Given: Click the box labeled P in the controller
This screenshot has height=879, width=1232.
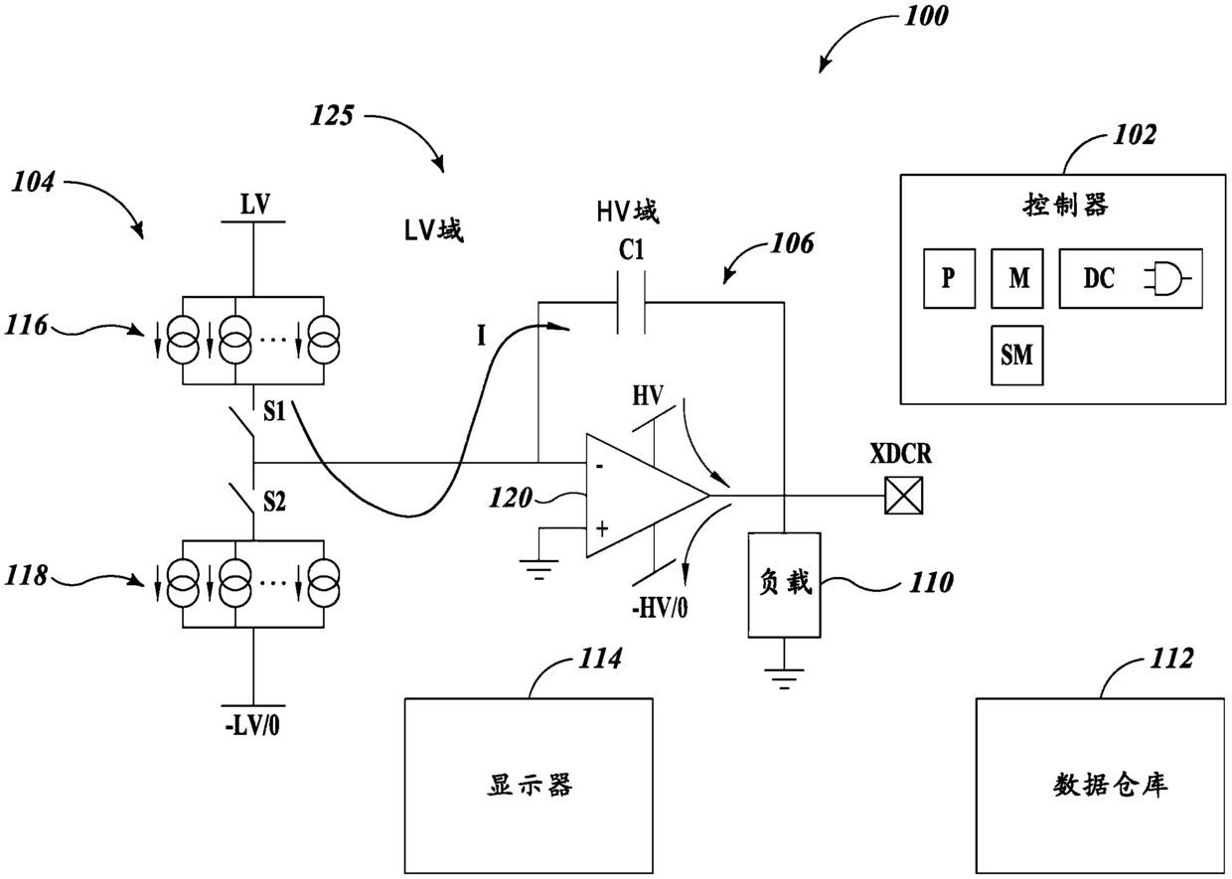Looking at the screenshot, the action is tap(949, 278).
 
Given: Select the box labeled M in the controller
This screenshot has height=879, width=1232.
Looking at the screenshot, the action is tap(1017, 278).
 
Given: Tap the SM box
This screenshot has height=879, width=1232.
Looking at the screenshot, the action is tap(1017, 356).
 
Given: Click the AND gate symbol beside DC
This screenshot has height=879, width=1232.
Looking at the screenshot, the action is tap(1167, 279).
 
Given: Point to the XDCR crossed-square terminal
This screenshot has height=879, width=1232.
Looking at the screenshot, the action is tap(904, 496).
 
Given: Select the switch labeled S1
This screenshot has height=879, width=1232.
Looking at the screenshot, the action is tap(242, 423).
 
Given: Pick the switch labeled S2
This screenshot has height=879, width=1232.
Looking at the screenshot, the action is tap(242, 500).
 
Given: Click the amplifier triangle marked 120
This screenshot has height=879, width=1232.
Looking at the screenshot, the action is tap(647, 496).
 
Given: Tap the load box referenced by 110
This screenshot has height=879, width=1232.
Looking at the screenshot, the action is tap(784, 585).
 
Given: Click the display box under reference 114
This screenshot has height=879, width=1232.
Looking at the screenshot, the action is tap(529, 786).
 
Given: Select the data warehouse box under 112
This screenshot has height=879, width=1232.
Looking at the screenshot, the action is tap(1101, 786).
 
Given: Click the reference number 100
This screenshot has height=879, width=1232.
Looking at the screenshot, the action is tap(926, 15).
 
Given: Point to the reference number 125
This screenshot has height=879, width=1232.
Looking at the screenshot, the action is tap(332, 115).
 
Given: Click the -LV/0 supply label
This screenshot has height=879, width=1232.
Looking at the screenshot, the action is tap(252, 726).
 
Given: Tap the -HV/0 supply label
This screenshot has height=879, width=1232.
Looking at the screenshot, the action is tap(660, 609).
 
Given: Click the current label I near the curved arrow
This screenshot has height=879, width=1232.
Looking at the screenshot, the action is tap(481, 336).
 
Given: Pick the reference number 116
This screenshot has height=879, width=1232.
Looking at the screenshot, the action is tap(27, 326).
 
